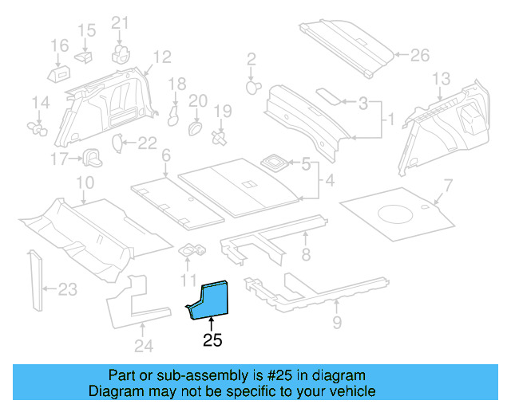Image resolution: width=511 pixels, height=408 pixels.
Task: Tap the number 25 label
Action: tap(212, 341)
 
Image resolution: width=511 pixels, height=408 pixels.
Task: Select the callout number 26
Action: tap(419, 56)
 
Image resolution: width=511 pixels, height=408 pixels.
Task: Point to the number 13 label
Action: tap(442, 79)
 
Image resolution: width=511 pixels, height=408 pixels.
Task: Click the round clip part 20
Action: tap(196, 127)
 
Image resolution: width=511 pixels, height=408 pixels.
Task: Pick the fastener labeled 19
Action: tap(220, 138)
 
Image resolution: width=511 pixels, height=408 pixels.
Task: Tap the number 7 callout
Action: tap(448, 186)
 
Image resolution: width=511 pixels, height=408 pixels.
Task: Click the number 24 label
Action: tap(141, 344)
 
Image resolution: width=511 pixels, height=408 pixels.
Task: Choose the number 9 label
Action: tap(337, 322)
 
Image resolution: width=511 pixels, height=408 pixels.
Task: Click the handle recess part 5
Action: tap(276, 162)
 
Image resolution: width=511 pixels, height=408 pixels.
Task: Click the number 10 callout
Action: tap(85, 184)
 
